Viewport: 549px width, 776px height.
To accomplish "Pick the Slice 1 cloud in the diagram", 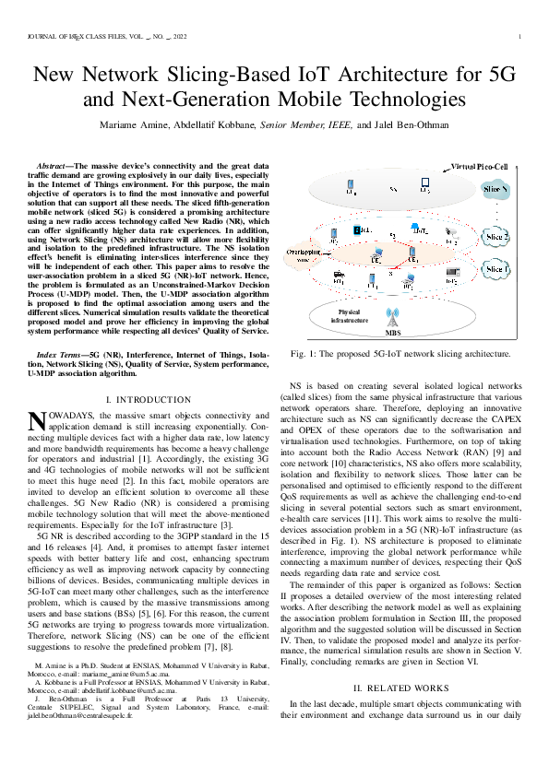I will (496, 270).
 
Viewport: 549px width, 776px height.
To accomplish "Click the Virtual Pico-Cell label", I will (479, 166).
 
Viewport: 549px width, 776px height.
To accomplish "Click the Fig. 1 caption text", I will (400, 354).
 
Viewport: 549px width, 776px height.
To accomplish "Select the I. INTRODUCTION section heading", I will (149, 399).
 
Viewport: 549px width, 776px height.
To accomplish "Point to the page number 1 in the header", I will (520, 38).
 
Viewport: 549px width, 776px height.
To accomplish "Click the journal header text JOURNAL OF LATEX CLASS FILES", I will (74, 38).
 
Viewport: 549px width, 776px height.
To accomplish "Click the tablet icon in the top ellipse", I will (424, 184).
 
